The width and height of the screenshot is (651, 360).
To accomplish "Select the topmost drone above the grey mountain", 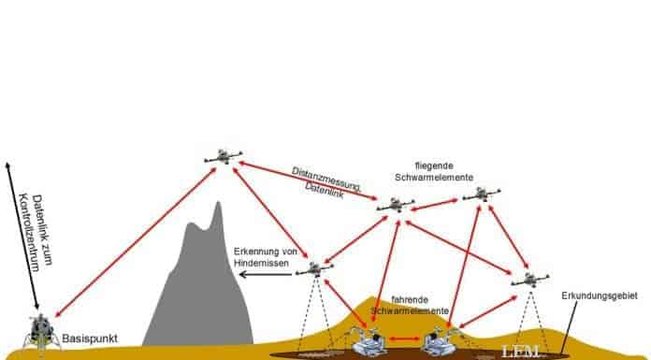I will click(x=223, y=155).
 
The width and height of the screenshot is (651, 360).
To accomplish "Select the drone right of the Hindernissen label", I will click(x=317, y=269).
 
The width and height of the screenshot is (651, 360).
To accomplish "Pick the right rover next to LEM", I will click(x=441, y=340).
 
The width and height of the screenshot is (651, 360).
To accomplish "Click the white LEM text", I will click(x=519, y=352).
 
